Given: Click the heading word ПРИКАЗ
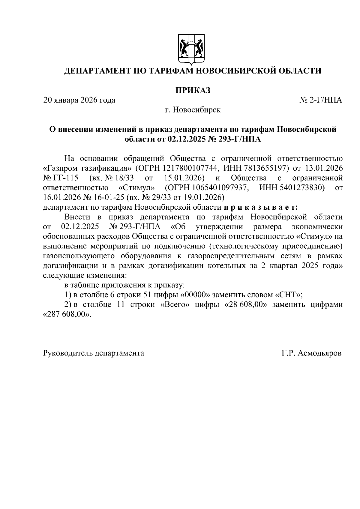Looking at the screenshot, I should (x=193, y=90).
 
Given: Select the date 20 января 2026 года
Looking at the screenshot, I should (x=79, y=100).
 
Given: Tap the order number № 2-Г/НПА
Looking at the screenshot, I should (x=321, y=100).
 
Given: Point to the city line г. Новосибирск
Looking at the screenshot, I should (x=193, y=110).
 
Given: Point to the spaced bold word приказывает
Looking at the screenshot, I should (x=260, y=207).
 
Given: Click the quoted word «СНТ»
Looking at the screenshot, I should (x=288, y=295).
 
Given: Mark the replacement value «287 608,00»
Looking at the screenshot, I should (x=67, y=315).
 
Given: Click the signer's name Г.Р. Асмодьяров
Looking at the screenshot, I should (x=311, y=353).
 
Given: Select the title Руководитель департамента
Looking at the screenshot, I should (x=94, y=353).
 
